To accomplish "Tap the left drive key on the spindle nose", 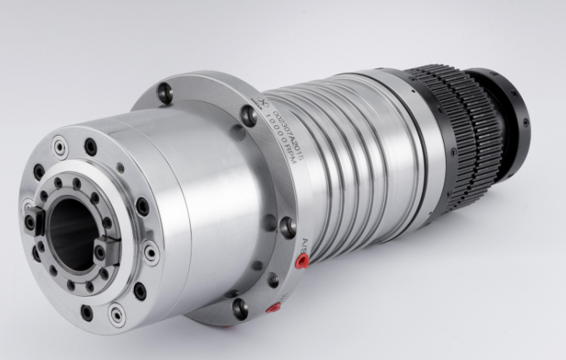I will [x=35, y=222].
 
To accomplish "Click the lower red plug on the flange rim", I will [x=272, y=309].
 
